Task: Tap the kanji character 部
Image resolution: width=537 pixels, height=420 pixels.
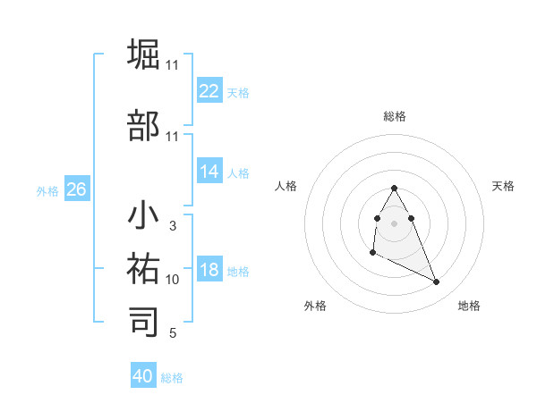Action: point(144,125)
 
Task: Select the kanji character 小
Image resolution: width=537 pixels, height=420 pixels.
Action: point(144,215)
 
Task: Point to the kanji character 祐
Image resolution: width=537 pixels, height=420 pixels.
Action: point(144,268)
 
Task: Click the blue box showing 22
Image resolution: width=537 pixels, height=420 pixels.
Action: point(209,91)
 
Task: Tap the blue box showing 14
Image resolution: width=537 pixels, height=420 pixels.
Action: point(209,172)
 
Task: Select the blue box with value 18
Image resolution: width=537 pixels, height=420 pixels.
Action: point(209,270)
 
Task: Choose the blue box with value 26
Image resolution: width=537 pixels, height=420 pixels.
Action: point(76,189)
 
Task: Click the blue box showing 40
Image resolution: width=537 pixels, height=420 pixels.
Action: point(143,376)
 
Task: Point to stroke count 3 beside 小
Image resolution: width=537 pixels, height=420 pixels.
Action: point(173,226)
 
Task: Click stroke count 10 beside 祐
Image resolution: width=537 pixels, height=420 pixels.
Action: point(173,280)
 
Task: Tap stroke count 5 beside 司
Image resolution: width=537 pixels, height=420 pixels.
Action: point(173,333)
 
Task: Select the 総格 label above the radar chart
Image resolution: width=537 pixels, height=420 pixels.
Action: point(395,116)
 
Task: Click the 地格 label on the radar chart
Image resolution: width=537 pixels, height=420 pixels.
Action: point(469,306)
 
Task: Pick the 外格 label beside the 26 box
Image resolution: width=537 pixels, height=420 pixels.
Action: point(47,190)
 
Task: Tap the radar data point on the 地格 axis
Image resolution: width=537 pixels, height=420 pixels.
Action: point(437,282)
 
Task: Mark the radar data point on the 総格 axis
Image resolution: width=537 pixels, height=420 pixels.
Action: point(394,188)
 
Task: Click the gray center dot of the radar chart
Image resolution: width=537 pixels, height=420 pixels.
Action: point(394,223)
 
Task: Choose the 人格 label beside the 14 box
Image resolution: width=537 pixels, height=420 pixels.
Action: point(238,172)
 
